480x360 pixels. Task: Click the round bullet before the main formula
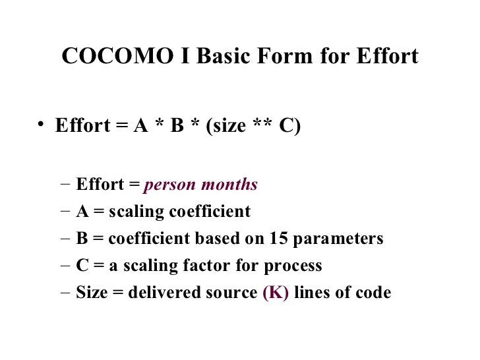pos(41,124)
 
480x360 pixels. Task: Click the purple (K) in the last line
pos(276,293)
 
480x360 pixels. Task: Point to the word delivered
pos(158,293)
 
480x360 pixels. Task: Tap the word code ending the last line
pos(374,293)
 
